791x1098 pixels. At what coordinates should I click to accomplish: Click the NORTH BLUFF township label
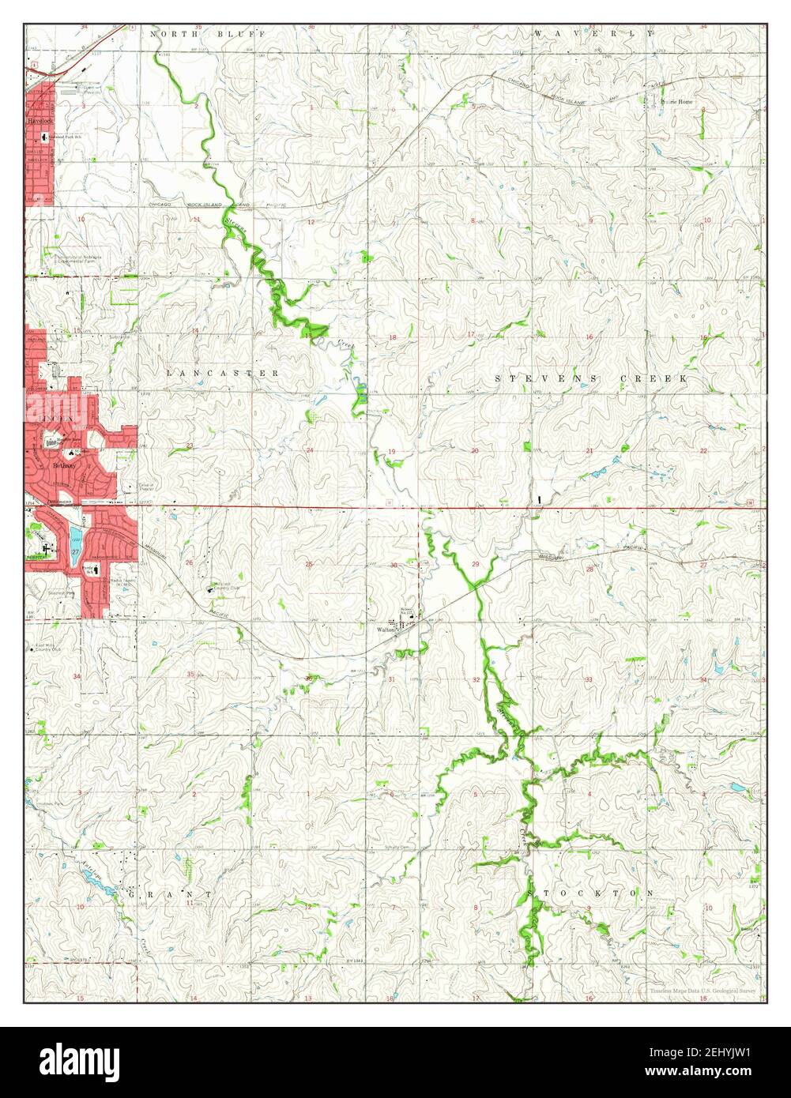(197, 34)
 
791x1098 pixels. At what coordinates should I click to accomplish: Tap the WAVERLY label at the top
(593, 34)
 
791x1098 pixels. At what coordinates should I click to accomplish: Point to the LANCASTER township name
(222, 372)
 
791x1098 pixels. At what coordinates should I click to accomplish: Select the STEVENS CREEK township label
(591, 379)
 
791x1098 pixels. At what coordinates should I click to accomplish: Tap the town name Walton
(386, 630)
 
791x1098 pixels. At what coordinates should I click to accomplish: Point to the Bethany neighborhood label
(64, 466)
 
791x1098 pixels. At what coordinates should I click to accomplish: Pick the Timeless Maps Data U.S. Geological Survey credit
(702, 991)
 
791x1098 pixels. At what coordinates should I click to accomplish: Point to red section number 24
(310, 451)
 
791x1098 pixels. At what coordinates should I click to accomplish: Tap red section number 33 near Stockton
(589, 679)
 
